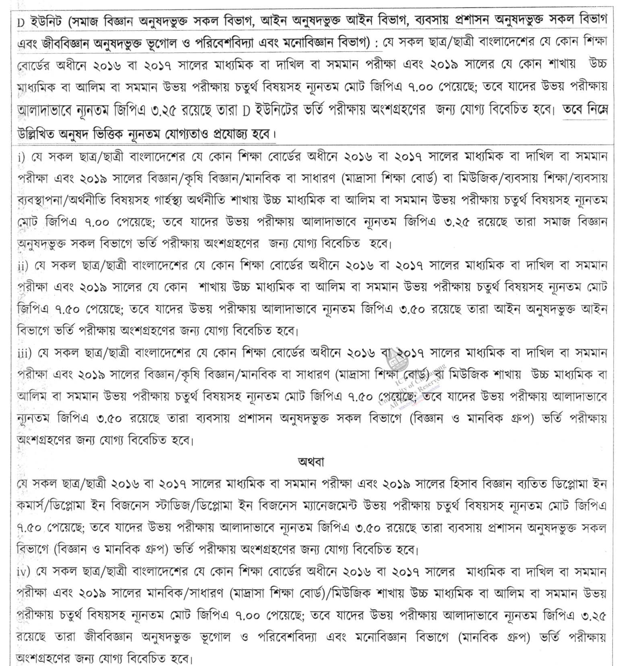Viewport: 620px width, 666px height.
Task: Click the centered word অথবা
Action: (x=311, y=462)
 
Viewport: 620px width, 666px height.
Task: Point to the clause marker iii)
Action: (x=24, y=353)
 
